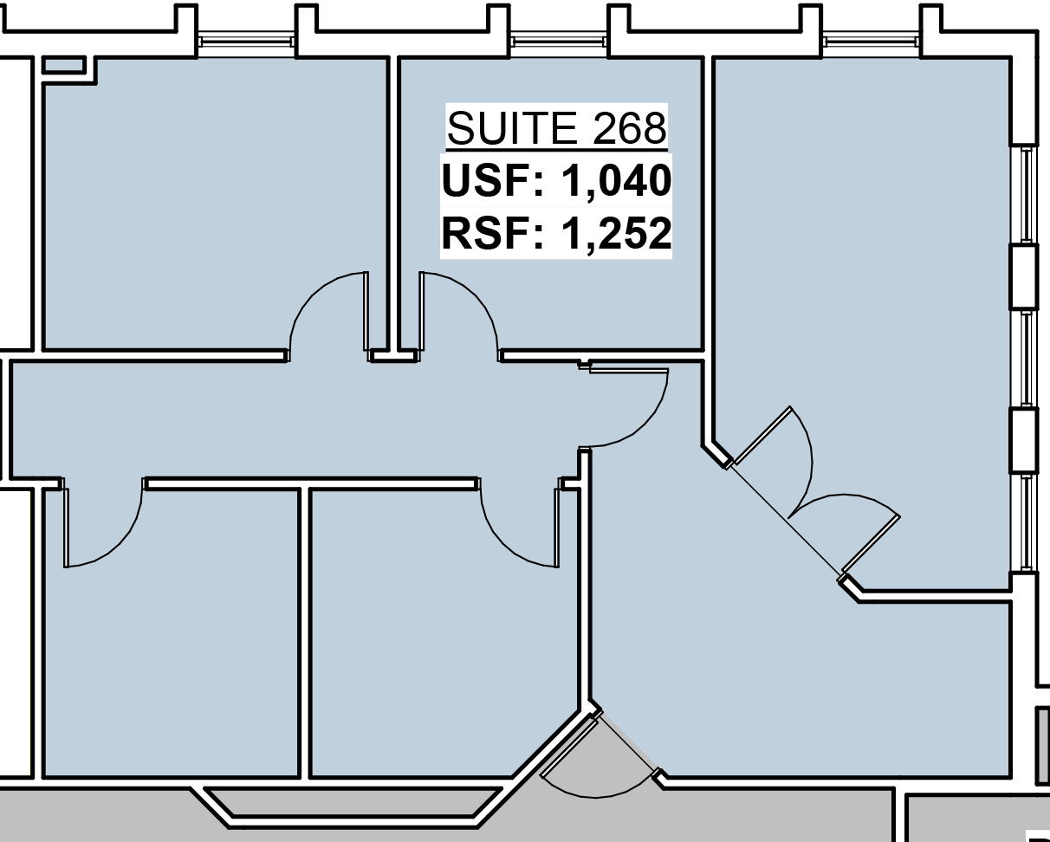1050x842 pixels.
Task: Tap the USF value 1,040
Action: [616, 182]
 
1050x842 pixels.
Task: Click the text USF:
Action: [493, 182]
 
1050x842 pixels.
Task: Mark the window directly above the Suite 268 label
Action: [557, 42]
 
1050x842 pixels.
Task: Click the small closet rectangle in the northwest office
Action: [63, 65]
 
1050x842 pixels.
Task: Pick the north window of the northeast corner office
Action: [871, 42]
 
